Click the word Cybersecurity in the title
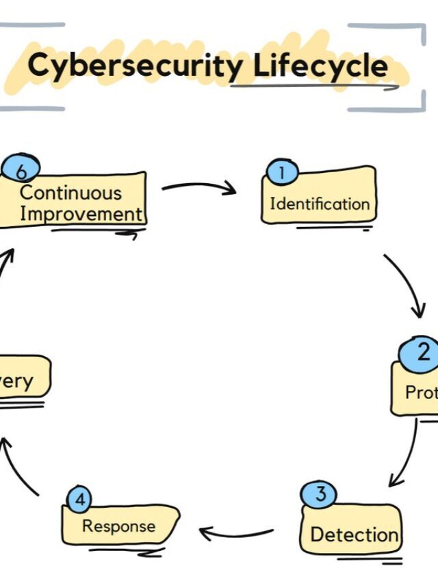134,66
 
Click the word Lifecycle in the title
320,66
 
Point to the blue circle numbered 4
80,500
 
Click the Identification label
319,204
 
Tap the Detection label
354,534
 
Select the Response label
118,526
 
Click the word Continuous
70,193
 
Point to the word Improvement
80,213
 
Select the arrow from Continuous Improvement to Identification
198,187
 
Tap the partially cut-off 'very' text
16,381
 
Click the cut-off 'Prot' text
421,393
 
